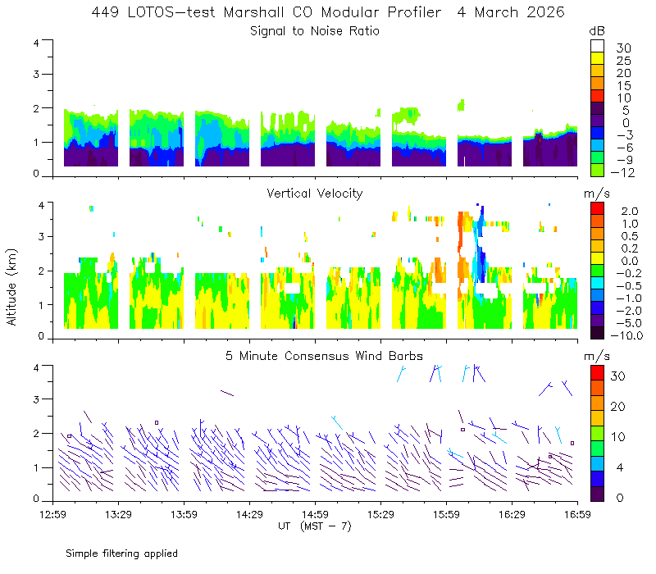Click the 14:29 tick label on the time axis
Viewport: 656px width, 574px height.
click(249, 514)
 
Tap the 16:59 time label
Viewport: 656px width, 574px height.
click(577, 514)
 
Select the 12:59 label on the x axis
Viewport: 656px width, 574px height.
click(52, 514)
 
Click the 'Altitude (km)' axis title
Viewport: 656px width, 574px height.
click(11, 287)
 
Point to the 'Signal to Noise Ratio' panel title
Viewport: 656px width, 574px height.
click(315, 31)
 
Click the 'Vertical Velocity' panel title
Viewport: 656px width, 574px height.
click(315, 194)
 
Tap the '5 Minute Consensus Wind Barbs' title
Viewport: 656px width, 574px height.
click(324, 356)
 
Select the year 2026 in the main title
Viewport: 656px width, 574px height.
click(545, 12)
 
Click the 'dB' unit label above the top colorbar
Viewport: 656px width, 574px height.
click(597, 31)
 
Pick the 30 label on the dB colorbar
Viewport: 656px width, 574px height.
click(623, 48)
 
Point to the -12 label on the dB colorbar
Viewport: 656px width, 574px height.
click(622, 172)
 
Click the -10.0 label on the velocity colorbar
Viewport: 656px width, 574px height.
click(626, 335)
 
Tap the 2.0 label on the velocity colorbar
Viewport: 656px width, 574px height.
click(630, 212)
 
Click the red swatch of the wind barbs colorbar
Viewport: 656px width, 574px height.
click(598, 373)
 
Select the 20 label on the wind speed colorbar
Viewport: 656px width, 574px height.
click(618, 406)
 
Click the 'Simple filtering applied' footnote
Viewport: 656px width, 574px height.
click(121, 553)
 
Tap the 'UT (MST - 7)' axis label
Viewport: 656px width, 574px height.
click(315, 526)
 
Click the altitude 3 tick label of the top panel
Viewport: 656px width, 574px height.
click(36, 74)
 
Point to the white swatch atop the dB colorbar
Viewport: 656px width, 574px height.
click(598, 46)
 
